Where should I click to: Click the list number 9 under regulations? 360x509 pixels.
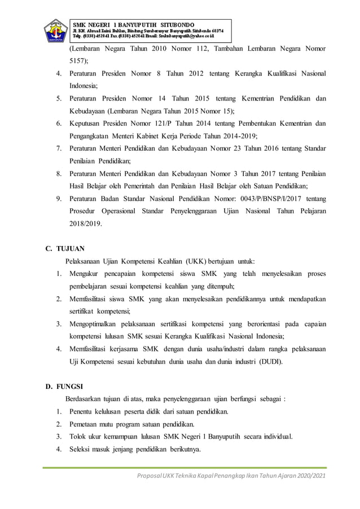(x=59, y=199)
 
